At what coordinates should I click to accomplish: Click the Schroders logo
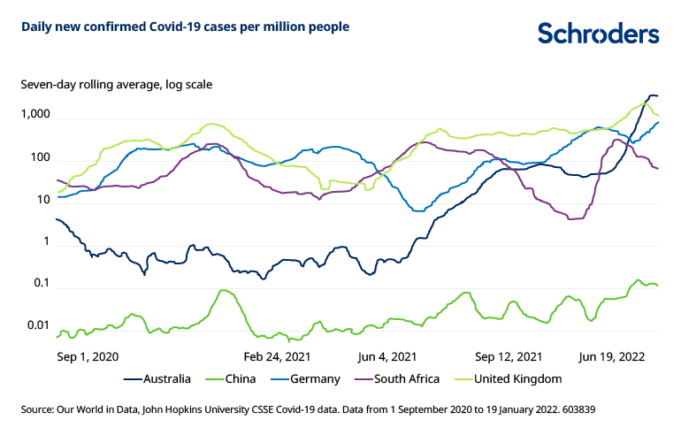point(598,33)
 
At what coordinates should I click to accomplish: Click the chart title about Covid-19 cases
point(186,27)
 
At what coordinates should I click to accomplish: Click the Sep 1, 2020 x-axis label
point(87,356)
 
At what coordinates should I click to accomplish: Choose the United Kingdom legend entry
point(516,379)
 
